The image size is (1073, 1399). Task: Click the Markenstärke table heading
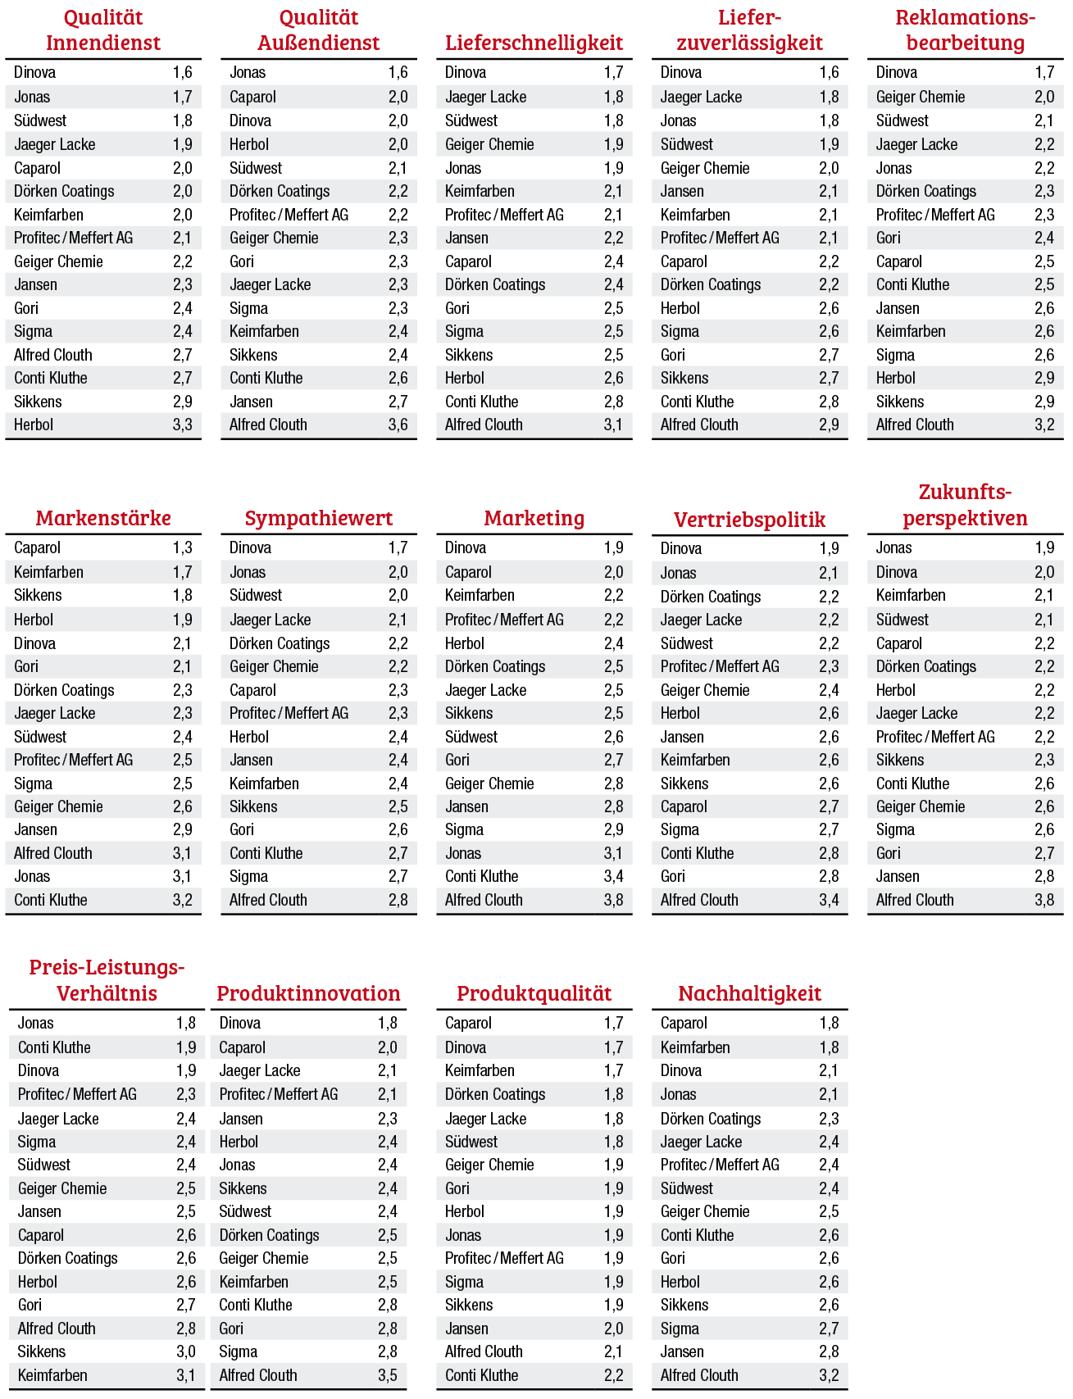(103, 518)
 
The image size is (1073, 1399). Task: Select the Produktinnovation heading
(308, 993)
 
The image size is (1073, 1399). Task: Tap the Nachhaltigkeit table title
(749, 993)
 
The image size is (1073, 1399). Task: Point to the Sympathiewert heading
(318, 518)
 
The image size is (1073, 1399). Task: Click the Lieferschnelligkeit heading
(534, 43)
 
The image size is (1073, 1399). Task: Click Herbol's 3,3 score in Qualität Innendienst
(182, 425)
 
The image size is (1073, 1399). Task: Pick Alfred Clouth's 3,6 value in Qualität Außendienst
(398, 425)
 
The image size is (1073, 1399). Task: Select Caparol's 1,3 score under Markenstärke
(182, 547)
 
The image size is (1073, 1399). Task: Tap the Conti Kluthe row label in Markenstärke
(51, 900)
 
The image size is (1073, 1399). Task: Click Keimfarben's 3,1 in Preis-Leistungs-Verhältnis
(186, 1375)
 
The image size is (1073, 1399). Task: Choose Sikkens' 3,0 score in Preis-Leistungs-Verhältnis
(186, 1351)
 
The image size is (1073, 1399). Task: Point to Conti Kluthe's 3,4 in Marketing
(613, 876)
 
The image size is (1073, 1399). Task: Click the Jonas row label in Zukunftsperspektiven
(893, 547)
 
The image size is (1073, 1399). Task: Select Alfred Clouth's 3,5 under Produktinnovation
(388, 1375)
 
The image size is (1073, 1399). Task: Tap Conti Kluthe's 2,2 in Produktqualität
(613, 1375)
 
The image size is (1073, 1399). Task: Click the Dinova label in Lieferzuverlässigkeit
(681, 72)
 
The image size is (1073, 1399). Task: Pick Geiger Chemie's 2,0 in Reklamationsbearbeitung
(1044, 97)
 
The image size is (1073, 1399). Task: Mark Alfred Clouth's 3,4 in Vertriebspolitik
(829, 900)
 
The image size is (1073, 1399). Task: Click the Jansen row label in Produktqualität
(466, 1329)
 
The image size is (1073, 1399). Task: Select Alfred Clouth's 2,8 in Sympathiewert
(398, 900)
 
